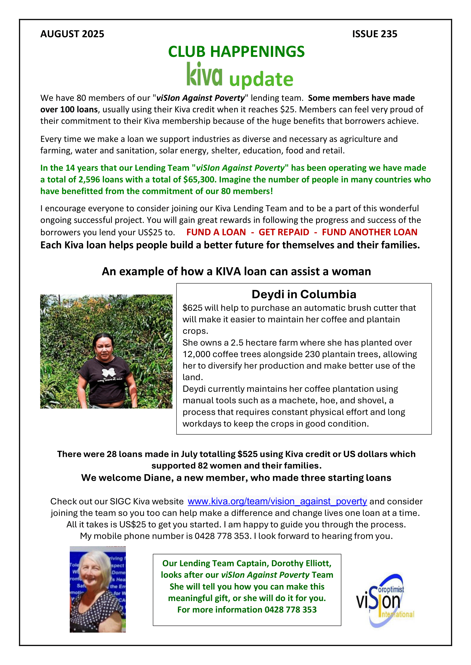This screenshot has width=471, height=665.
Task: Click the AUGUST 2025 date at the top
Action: click(72, 34)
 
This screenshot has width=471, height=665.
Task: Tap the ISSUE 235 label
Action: click(374, 34)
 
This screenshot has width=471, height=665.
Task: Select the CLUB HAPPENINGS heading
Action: click(236, 51)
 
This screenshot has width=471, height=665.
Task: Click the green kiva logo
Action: click(204, 74)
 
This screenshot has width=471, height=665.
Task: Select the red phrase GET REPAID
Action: click(284, 232)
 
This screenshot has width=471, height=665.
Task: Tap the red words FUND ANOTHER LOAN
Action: click(370, 232)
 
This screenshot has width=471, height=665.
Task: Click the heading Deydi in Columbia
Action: click(304, 294)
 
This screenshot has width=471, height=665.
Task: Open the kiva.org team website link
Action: click(277, 501)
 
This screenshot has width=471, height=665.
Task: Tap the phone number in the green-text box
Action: click(291, 609)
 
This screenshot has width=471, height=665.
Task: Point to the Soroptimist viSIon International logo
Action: click(385, 600)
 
